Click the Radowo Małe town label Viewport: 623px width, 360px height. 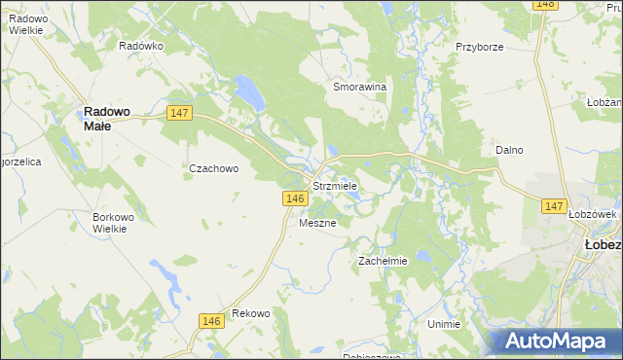tap(110, 118)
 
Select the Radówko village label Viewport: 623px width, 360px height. tap(139, 46)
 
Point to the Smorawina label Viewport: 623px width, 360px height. tap(360, 87)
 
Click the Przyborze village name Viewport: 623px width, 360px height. tap(479, 46)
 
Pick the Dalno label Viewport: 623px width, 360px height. tap(509, 150)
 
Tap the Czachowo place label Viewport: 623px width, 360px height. tap(213, 168)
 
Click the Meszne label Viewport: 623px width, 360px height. tap(317, 223)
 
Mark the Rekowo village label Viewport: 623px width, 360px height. tap(250, 313)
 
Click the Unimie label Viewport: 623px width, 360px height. tap(443, 323)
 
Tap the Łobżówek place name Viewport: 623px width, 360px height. tap(593, 214)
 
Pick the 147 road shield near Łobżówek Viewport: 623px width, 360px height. tap(554, 206)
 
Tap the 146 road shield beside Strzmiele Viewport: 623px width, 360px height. tap(297, 198)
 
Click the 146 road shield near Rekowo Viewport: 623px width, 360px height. tap(210, 321)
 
